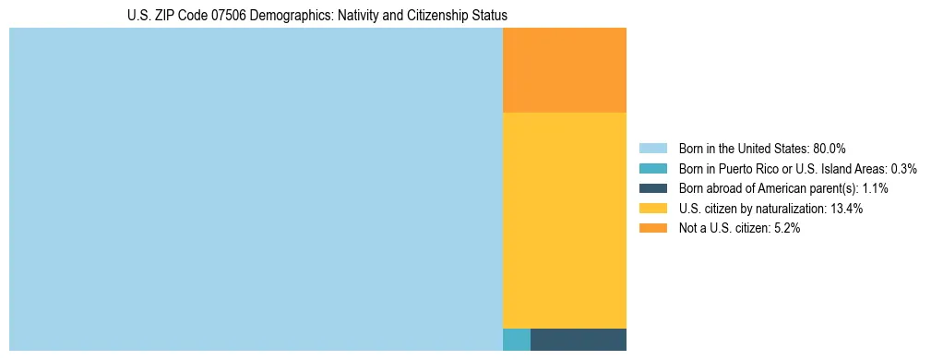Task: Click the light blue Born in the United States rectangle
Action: click(x=256, y=189)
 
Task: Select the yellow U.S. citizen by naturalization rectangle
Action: click(x=565, y=220)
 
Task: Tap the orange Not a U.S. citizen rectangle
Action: click(x=565, y=70)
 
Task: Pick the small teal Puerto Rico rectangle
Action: click(x=517, y=339)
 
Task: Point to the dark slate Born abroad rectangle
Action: click(x=579, y=339)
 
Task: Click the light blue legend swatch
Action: click(x=653, y=149)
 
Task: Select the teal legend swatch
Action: click(x=653, y=169)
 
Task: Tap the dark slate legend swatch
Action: click(x=653, y=188)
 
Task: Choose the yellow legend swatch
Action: click(x=653, y=209)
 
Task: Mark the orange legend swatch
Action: click(x=653, y=228)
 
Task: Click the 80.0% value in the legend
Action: click(x=830, y=149)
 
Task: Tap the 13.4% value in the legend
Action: click(x=846, y=209)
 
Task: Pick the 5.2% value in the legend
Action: click(x=787, y=228)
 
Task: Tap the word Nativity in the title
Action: click(x=354, y=16)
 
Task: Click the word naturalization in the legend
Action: click(x=792, y=209)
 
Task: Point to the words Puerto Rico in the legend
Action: click(x=757, y=169)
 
